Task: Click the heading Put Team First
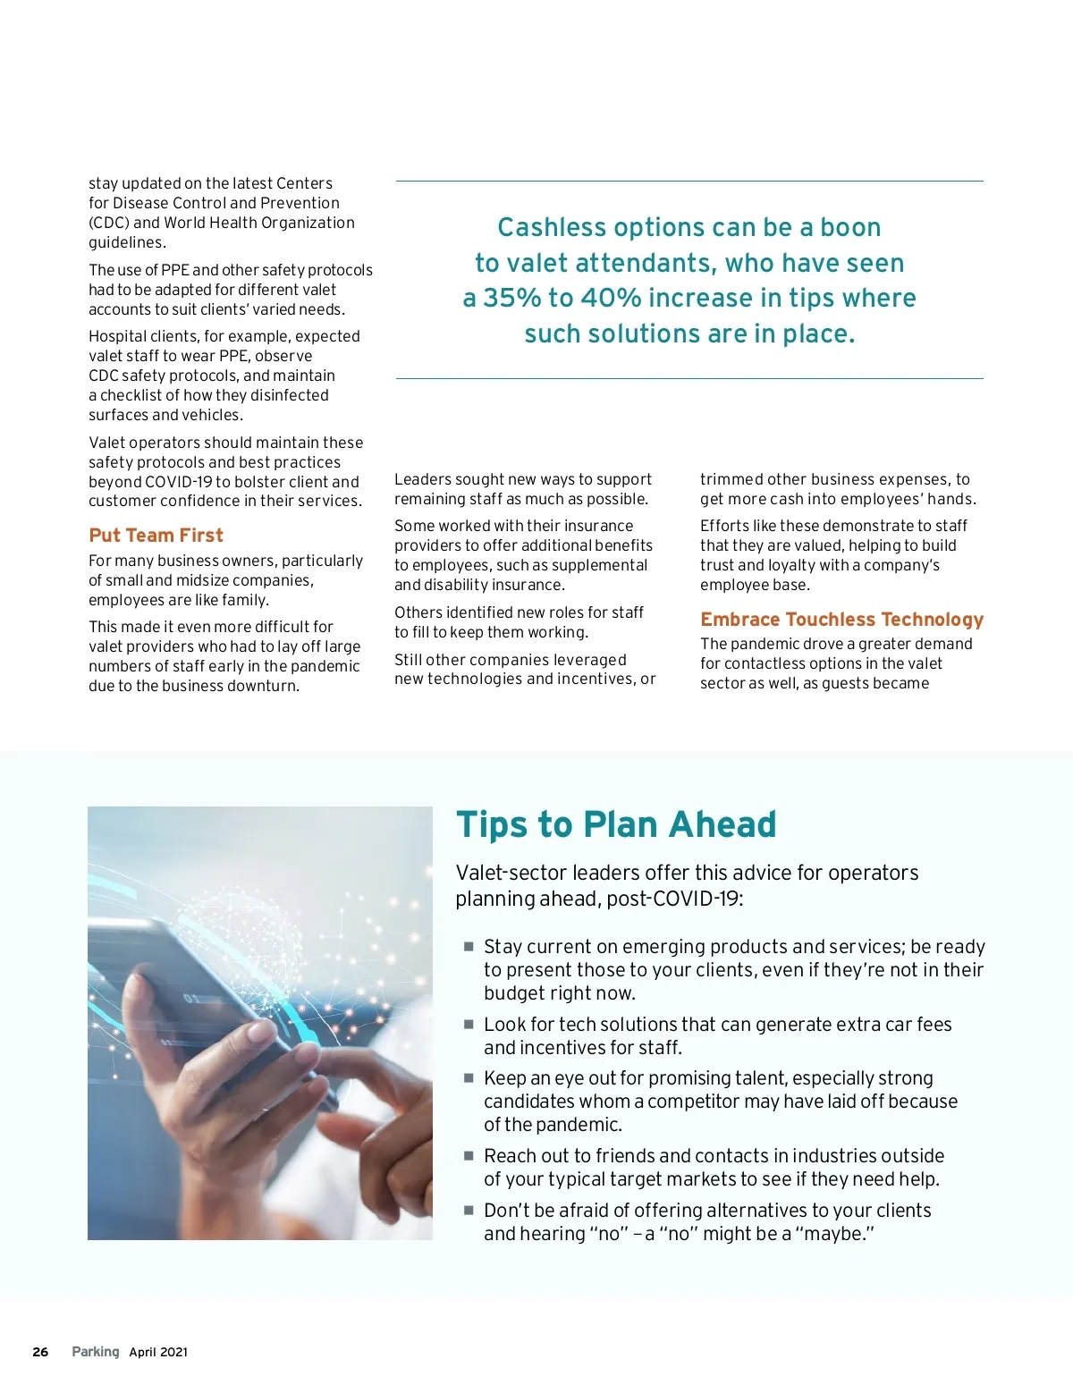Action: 156,536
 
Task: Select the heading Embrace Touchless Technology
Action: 841,620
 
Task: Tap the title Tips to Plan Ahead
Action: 616,824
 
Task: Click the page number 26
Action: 40,1352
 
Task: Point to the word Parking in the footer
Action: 96,1352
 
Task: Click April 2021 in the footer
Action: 158,1352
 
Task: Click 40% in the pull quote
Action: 611,298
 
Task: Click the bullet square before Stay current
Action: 468,946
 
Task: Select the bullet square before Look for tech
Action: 468,1024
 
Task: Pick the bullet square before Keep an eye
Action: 468,1077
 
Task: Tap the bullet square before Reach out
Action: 468,1155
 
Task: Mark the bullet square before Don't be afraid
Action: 468,1210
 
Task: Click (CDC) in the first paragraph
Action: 108,223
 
